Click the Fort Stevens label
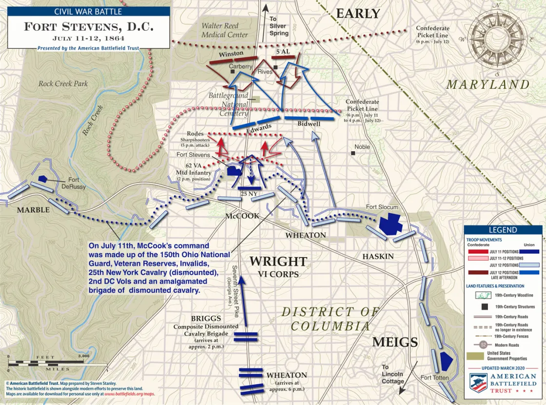194,155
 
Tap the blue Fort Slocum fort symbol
390,223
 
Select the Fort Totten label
434,378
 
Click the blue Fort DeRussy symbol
43,179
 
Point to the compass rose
496,40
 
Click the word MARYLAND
488,84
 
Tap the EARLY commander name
358,14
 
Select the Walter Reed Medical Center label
225,30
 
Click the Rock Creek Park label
63,83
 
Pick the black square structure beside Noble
352,153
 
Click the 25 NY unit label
249,194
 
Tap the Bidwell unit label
309,124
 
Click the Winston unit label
231,54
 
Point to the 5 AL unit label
284,52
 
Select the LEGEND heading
502,230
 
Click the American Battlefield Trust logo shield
479,383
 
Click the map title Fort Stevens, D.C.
88,26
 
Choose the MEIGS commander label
395,342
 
